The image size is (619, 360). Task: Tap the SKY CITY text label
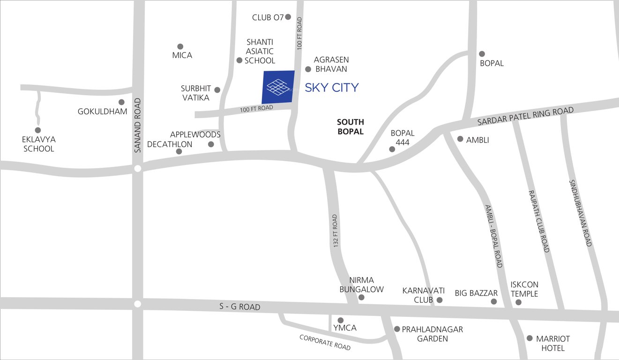[332, 88]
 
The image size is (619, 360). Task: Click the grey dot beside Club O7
[288, 17]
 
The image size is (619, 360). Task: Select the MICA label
[182, 55]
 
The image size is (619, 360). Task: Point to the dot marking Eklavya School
[38, 130]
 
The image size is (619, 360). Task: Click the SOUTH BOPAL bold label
[351, 127]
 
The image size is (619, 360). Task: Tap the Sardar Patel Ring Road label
[525, 116]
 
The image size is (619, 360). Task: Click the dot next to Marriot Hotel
[530, 338]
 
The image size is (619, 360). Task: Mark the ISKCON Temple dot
[518, 302]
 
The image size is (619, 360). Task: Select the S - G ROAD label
[240, 307]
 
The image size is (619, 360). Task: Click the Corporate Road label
[325, 343]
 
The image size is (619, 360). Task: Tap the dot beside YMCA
[341, 320]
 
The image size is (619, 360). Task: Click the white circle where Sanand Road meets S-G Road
[137, 304]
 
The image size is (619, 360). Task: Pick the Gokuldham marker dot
[121, 102]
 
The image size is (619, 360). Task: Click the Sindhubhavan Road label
[581, 213]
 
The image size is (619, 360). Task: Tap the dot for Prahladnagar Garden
[397, 329]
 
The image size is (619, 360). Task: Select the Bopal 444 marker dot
[392, 149]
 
